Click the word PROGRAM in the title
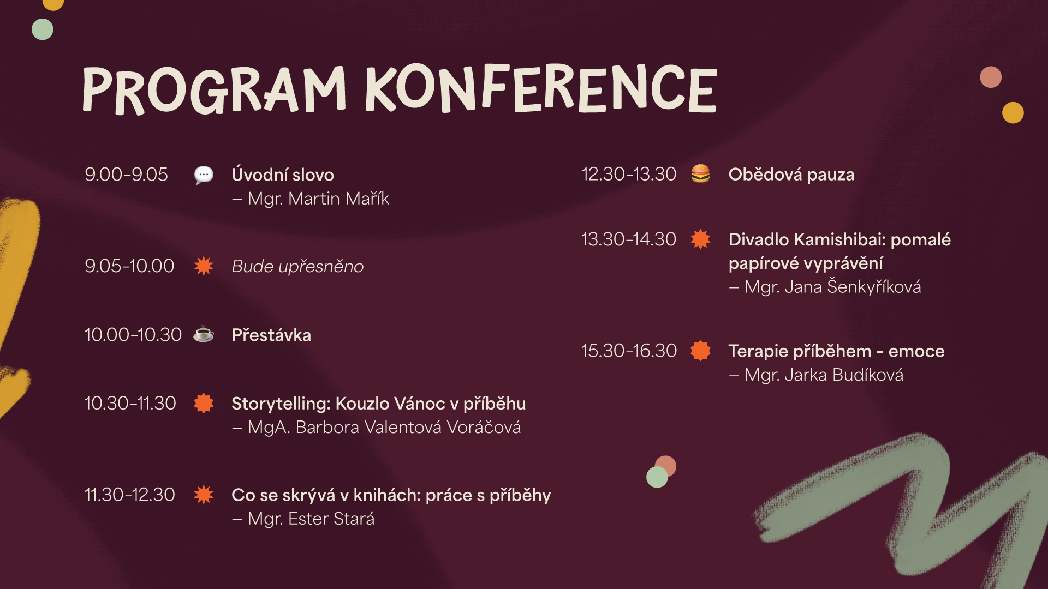[214, 91]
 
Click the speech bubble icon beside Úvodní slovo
[204, 175]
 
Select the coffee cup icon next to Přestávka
[204, 334]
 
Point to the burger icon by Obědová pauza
[700, 173]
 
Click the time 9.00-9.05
[126, 175]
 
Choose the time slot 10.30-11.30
[130, 404]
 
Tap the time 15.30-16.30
[629, 351]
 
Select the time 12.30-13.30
[629, 174]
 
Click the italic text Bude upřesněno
[297, 266]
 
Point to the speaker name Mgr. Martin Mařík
[318, 199]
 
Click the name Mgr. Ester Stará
[311, 519]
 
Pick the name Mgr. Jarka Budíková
[824, 375]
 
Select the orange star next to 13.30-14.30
[700, 239]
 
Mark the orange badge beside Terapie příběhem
[700, 351]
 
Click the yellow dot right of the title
[1013, 113]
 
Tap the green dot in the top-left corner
[43, 29]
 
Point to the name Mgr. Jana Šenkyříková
[833, 287]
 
